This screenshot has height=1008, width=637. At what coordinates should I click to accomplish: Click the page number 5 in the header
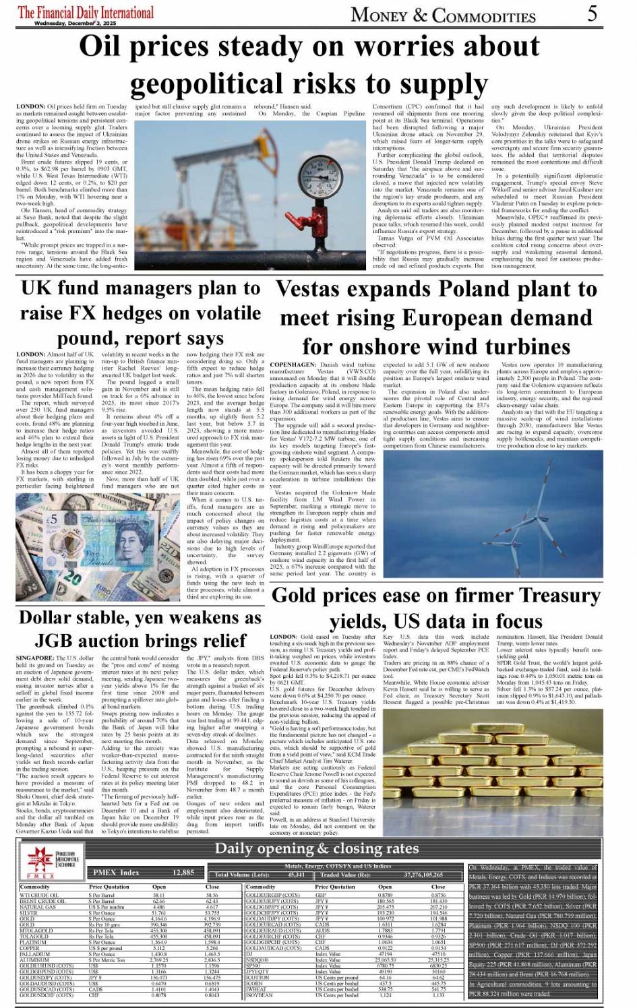tap(591, 13)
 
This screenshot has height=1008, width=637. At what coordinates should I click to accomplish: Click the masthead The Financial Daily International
tap(86, 12)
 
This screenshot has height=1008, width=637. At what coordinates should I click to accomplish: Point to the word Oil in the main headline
tap(108, 46)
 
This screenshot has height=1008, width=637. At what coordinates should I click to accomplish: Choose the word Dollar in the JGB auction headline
tap(51, 618)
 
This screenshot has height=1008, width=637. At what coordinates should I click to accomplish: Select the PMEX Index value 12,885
tap(183, 873)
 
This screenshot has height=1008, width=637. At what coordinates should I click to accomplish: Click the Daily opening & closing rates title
tap(316, 849)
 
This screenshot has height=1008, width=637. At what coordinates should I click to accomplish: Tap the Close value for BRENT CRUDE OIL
tap(212, 901)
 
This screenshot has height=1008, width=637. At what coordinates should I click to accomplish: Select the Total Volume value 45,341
tap(296, 875)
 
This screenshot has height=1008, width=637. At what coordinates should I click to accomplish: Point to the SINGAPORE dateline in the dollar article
tap(35, 658)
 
